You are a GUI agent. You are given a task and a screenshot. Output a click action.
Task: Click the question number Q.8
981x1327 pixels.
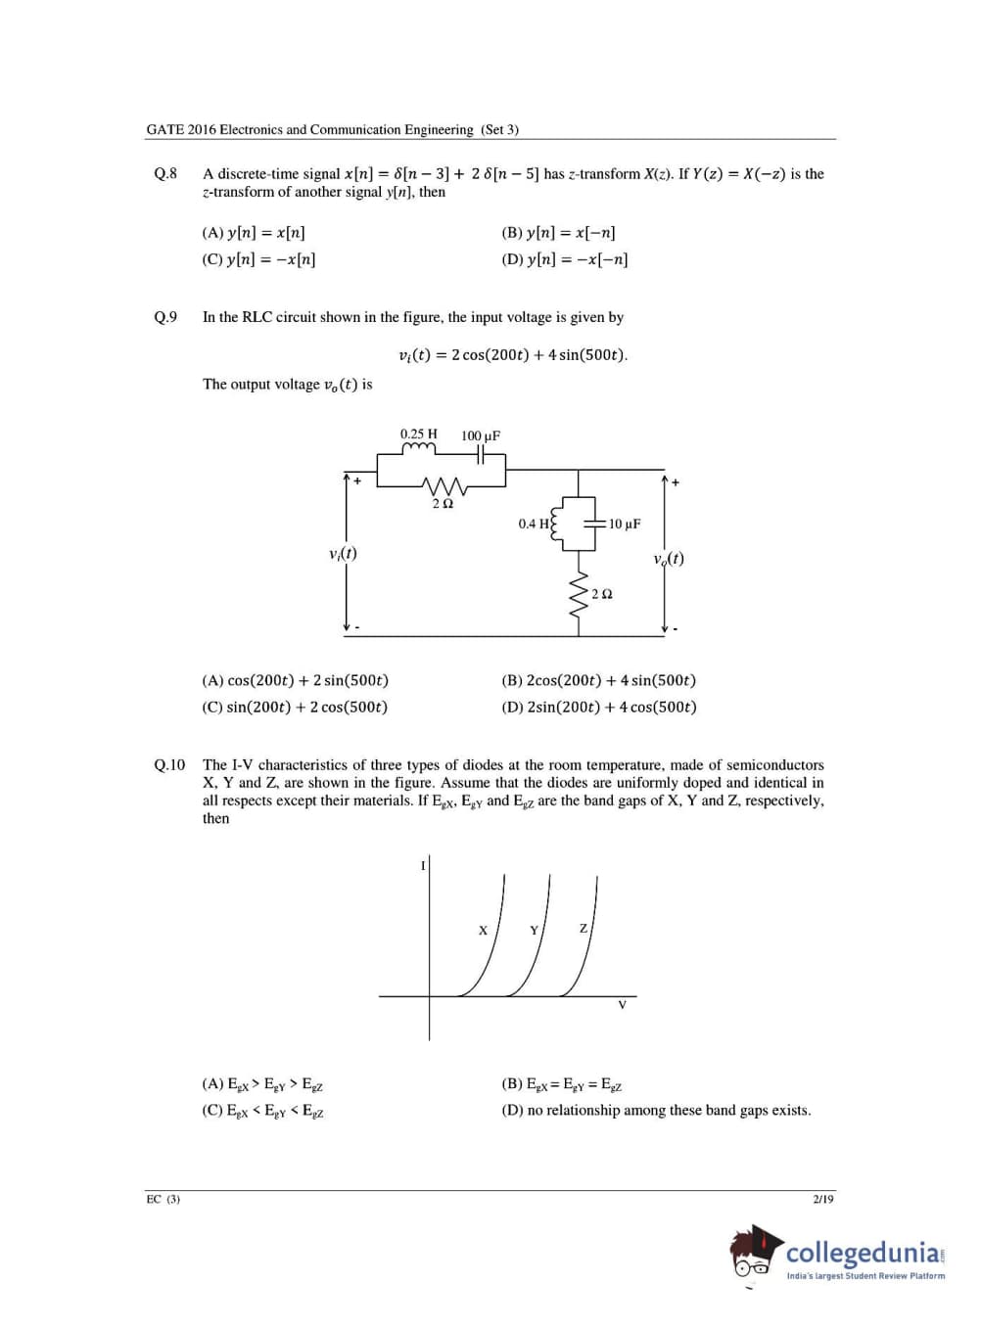(165, 174)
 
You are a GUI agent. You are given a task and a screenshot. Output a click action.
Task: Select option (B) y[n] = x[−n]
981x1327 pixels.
(558, 233)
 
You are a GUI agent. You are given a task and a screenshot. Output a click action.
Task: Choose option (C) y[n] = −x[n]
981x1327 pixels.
(258, 259)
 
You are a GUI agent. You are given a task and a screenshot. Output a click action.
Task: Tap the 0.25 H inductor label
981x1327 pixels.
(418, 434)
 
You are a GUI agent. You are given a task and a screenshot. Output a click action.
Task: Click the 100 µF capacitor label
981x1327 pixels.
(481, 435)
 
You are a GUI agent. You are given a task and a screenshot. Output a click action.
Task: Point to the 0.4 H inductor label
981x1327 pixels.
(534, 524)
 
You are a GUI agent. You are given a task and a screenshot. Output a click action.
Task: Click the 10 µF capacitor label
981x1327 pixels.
(625, 524)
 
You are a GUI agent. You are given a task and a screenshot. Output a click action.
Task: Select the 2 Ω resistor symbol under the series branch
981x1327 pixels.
(443, 485)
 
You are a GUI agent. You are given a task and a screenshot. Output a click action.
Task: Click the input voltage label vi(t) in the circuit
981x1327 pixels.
(343, 554)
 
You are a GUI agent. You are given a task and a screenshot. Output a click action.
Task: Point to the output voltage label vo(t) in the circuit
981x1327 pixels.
(669, 559)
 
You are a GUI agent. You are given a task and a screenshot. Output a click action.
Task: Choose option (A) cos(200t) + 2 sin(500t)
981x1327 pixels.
(295, 680)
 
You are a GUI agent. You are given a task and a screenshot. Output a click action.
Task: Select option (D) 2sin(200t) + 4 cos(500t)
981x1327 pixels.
(598, 707)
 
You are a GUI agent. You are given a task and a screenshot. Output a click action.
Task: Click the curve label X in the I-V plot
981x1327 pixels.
(483, 931)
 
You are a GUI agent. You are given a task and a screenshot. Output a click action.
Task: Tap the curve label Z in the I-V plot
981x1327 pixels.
(584, 928)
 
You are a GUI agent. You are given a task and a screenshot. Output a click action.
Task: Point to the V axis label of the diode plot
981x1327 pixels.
(622, 1005)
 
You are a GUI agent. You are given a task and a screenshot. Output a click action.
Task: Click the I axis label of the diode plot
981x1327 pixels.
(423, 865)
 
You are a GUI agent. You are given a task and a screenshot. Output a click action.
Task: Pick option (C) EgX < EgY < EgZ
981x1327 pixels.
(262, 1111)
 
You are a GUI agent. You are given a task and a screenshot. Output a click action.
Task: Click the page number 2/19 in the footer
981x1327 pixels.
(823, 1199)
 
